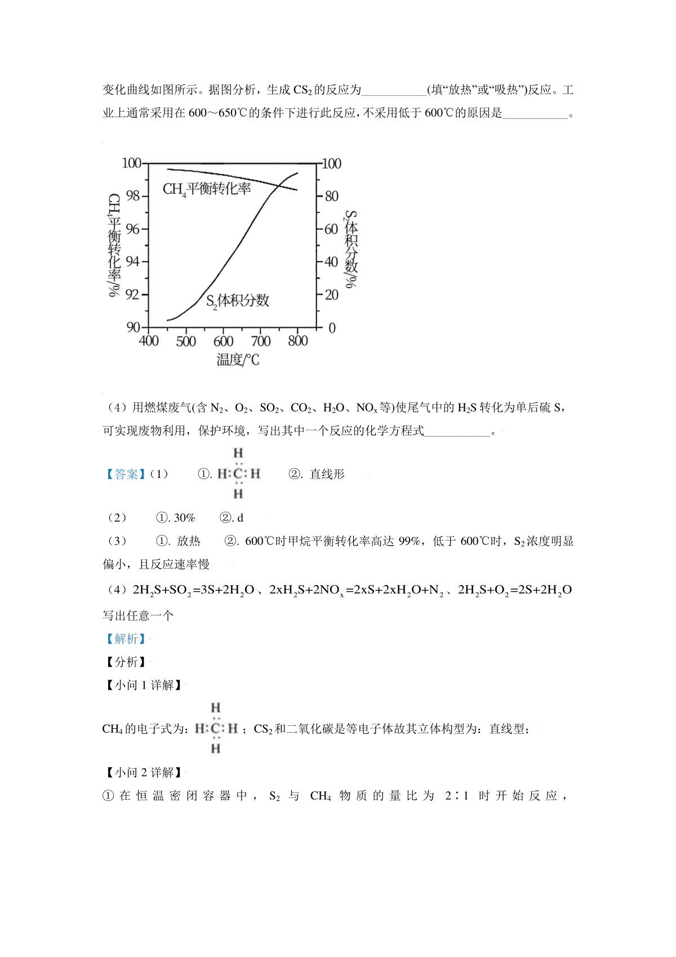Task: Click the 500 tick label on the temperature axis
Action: click(x=186, y=341)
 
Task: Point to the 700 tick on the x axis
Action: click(x=261, y=341)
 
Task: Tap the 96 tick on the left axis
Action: click(x=132, y=229)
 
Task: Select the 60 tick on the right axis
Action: click(x=331, y=229)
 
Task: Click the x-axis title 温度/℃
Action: click(x=238, y=360)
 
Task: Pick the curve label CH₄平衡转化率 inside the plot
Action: click(x=207, y=189)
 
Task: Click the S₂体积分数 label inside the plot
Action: click(x=237, y=301)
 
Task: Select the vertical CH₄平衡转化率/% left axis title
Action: click(x=114, y=245)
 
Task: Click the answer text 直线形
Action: click(x=327, y=475)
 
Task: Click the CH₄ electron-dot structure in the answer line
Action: click(x=238, y=473)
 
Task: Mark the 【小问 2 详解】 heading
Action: click(x=144, y=772)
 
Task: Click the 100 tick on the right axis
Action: click(x=331, y=163)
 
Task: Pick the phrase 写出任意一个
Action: click(x=138, y=615)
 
